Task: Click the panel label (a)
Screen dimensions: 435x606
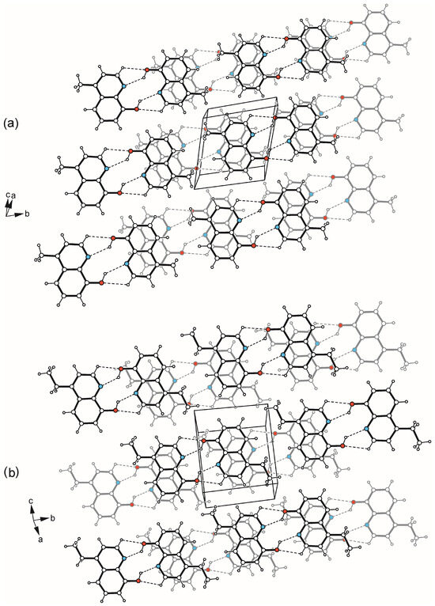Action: tap(10, 123)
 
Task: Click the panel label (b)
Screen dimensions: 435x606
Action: tap(11, 472)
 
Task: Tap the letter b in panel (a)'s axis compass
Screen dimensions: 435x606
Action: tap(27, 214)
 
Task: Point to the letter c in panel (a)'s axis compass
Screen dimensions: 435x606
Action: tap(8, 196)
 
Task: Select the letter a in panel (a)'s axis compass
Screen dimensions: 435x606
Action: tap(13, 196)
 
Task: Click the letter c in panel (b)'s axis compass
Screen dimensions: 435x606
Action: tap(31, 502)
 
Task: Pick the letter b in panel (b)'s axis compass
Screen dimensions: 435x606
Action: tap(52, 518)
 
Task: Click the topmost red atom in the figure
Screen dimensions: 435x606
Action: tap(351, 23)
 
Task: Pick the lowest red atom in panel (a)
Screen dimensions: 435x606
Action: tap(101, 283)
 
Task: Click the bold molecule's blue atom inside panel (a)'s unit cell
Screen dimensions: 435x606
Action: tap(252, 134)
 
